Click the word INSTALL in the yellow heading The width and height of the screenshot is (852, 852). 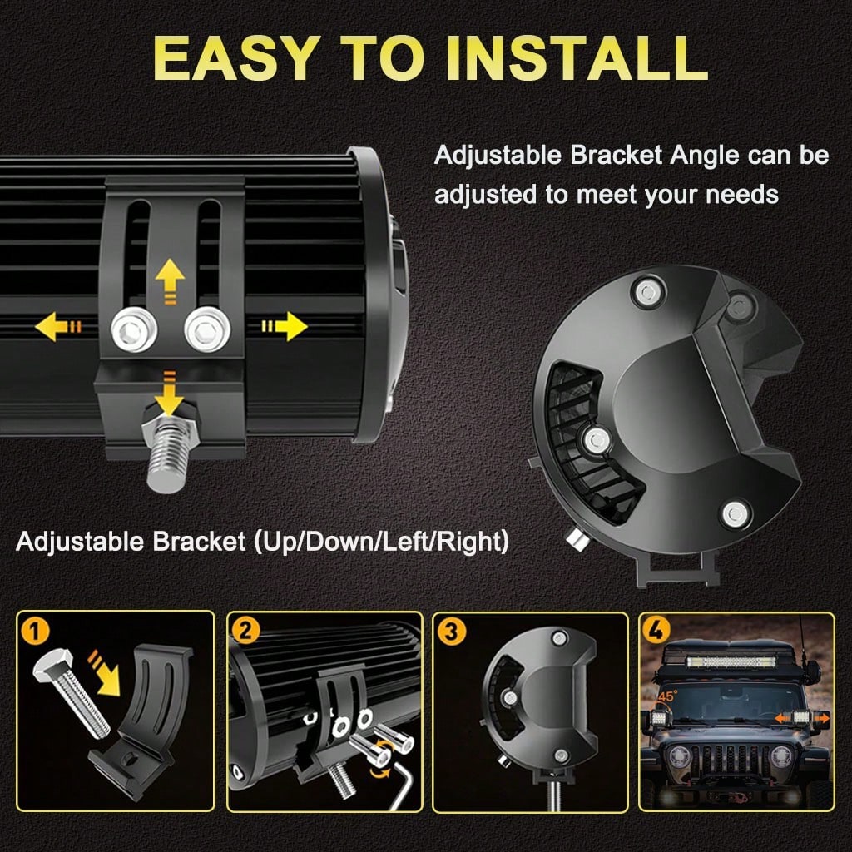click(579, 59)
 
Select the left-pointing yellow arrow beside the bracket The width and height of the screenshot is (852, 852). click(58, 326)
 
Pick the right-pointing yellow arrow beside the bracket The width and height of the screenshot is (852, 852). click(285, 326)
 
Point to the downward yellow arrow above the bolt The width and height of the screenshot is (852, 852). click(169, 394)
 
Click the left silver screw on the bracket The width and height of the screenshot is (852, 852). click(134, 329)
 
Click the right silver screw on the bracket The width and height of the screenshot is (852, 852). click(207, 329)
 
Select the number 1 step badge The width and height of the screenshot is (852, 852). click(35, 632)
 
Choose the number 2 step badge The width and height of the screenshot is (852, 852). click(245, 632)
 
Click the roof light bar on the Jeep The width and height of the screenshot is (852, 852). click(731, 661)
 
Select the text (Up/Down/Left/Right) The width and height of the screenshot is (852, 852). click(381, 542)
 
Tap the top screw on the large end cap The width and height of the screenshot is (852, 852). click(647, 292)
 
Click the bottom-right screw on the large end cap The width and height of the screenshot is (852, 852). click(736, 513)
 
